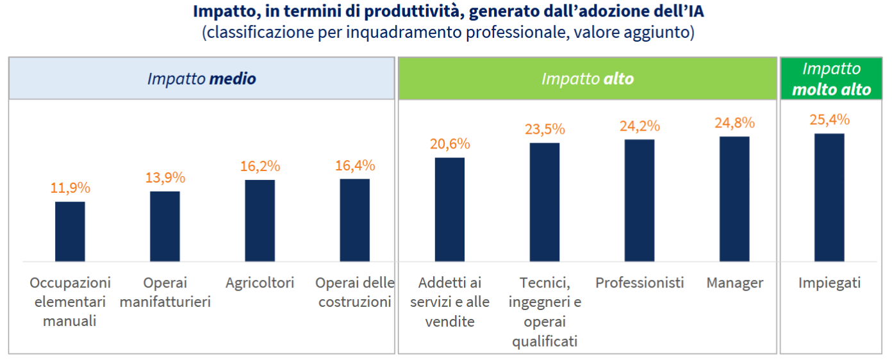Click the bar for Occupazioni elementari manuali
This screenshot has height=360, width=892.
point(70,231)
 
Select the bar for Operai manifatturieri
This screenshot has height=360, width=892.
point(165,226)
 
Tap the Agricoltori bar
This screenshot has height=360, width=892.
point(260,220)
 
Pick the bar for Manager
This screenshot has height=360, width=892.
point(734,199)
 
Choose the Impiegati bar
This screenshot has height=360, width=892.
point(829,197)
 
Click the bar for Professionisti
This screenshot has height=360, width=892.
point(640,200)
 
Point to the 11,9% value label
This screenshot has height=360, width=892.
point(70,188)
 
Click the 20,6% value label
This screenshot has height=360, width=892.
point(450,143)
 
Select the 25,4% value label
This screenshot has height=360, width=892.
point(829,119)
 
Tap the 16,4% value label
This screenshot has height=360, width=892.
point(355,165)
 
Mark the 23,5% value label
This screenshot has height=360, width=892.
point(545,129)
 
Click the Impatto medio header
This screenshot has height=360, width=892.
point(201,79)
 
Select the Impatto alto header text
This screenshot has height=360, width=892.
point(587,79)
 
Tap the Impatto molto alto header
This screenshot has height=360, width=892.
point(831,79)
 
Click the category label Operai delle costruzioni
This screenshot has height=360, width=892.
point(354,292)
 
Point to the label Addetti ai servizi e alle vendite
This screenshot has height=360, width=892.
point(450,302)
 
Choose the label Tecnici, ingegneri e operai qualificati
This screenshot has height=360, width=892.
point(545,311)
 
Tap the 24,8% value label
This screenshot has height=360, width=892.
point(734,122)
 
